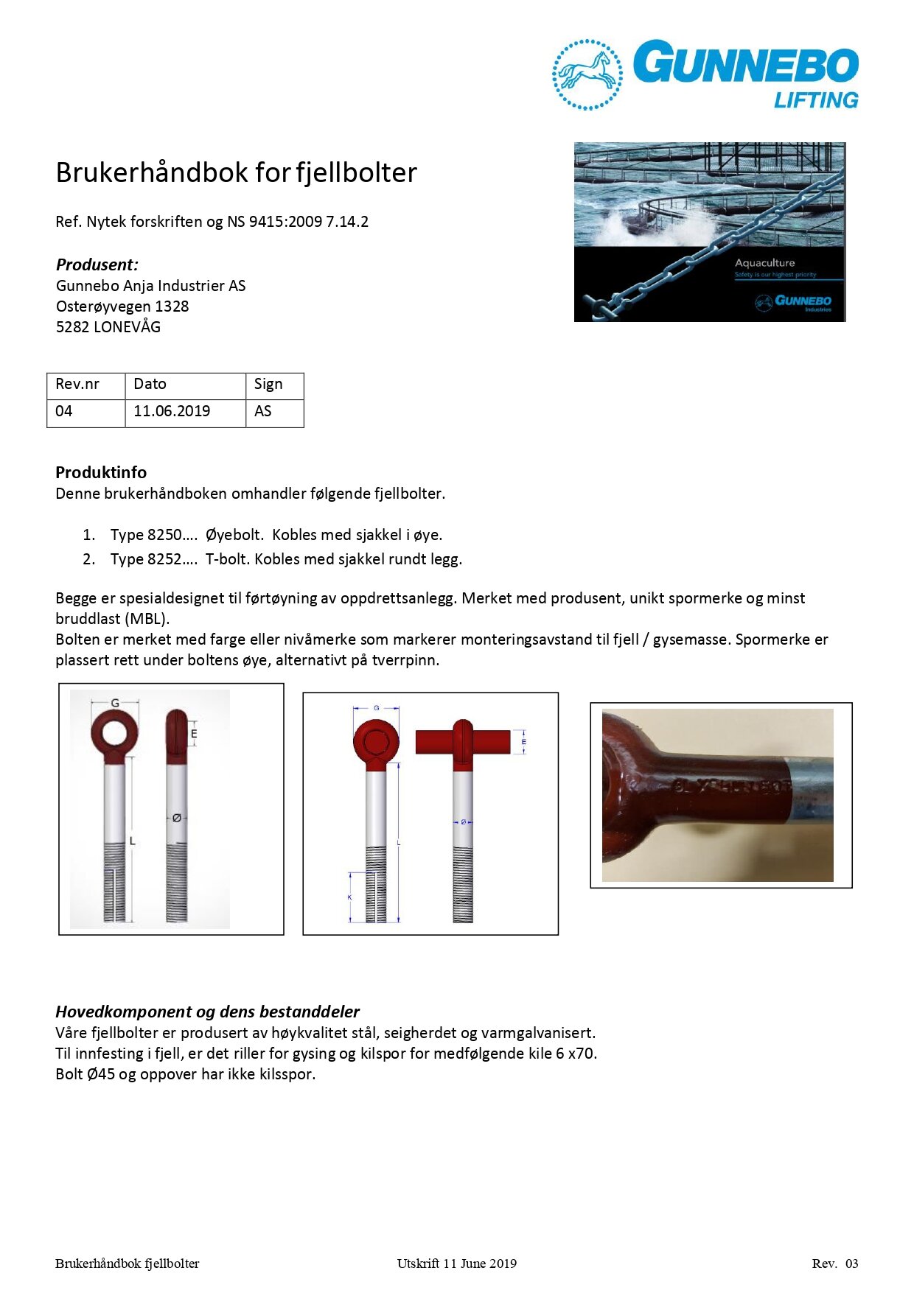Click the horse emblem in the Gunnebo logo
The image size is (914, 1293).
pos(587,74)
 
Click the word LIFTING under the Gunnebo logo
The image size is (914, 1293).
pos(816,100)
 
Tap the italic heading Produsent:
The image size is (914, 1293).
pos(97,264)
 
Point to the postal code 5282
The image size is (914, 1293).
pos(72,327)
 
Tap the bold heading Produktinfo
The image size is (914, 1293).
pos(101,472)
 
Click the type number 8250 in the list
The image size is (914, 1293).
pos(164,535)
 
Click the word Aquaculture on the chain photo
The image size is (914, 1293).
pos(764,263)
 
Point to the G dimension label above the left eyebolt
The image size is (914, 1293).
pos(115,704)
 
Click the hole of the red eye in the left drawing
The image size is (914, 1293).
pos(114,733)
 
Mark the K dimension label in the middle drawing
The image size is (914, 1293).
pos(349,897)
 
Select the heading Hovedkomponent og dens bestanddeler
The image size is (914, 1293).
pos(207,1012)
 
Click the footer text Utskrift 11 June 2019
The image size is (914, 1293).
pos(456,1264)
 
